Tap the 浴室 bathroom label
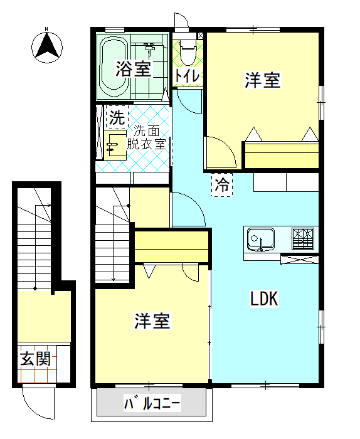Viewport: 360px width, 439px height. point(133,69)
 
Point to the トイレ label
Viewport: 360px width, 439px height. point(188,75)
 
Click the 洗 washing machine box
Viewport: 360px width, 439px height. point(116,117)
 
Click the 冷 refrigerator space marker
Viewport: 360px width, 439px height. point(221,185)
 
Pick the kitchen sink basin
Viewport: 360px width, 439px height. point(260,238)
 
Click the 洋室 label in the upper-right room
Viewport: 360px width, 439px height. point(262,80)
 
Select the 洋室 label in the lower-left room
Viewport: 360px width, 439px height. point(152,321)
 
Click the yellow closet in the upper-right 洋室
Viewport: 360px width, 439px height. point(282,155)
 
